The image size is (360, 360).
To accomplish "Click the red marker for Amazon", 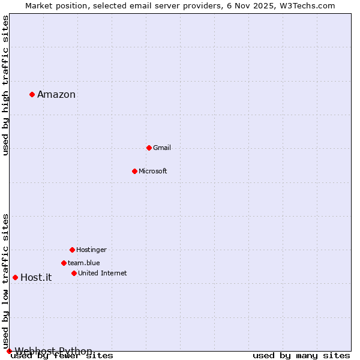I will [32, 94].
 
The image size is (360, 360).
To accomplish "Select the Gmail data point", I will [149, 148].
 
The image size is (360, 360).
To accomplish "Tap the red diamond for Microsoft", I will [134, 171].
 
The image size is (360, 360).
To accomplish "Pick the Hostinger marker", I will [72, 250].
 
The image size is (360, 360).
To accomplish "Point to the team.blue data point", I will [64, 263].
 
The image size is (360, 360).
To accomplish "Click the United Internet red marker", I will [74, 273].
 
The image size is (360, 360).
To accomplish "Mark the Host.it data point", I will [15, 277].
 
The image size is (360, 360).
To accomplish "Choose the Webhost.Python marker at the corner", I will [9, 351].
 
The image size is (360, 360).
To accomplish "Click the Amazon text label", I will [56, 94].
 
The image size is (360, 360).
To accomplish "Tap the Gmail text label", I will [162, 148].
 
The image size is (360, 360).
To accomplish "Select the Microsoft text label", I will [153, 171].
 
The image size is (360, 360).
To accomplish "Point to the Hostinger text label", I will [91, 250].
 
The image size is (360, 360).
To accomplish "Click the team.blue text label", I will [84, 263].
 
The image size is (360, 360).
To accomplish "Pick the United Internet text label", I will [103, 273].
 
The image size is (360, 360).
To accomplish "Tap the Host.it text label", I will [36, 277].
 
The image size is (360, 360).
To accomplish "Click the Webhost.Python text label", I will [53, 351].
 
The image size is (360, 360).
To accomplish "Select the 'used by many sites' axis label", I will [301, 356].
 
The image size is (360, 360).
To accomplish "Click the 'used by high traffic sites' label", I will [6, 85].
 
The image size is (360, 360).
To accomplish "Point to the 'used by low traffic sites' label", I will [6, 281].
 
